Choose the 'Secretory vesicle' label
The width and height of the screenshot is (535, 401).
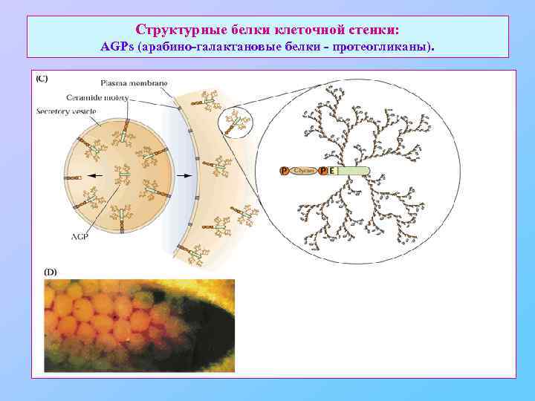67,111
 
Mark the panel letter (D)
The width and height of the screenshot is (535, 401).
51,273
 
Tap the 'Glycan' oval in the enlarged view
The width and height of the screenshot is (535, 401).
304,171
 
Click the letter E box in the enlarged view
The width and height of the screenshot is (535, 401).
331,171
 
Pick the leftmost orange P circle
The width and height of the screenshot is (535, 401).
284,171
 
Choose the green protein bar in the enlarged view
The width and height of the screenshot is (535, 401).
352,171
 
